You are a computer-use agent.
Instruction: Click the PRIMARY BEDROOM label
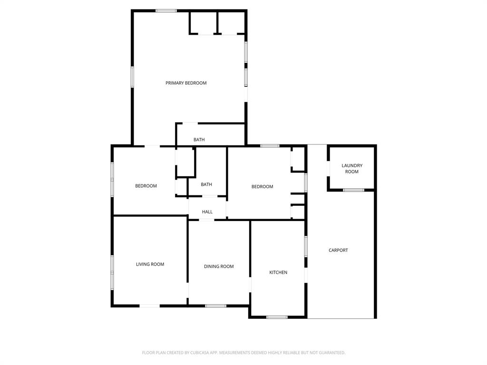[186, 83]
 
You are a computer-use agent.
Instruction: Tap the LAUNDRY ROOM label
[352, 169]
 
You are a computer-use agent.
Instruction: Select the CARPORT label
[338, 250]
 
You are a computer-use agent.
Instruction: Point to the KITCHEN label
[278, 272]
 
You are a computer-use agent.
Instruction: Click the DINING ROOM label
[219, 267]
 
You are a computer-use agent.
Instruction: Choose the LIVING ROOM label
[150, 264]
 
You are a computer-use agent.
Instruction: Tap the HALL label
[207, 212]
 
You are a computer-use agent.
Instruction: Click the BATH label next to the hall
[206, 184]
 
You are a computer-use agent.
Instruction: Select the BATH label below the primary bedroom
[199, 140]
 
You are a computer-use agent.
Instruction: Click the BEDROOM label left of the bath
[146, 186]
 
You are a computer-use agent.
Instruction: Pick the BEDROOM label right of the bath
[262, 187]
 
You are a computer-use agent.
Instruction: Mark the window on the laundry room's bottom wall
[353, 190]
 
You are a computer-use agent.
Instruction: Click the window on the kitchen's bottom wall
[277, 317]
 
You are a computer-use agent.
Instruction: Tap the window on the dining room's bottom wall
[215, 306]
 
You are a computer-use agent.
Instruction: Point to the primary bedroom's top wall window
[166, 10]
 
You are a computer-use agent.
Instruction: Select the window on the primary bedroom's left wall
[132, 77]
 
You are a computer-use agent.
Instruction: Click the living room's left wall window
[112, 272]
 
